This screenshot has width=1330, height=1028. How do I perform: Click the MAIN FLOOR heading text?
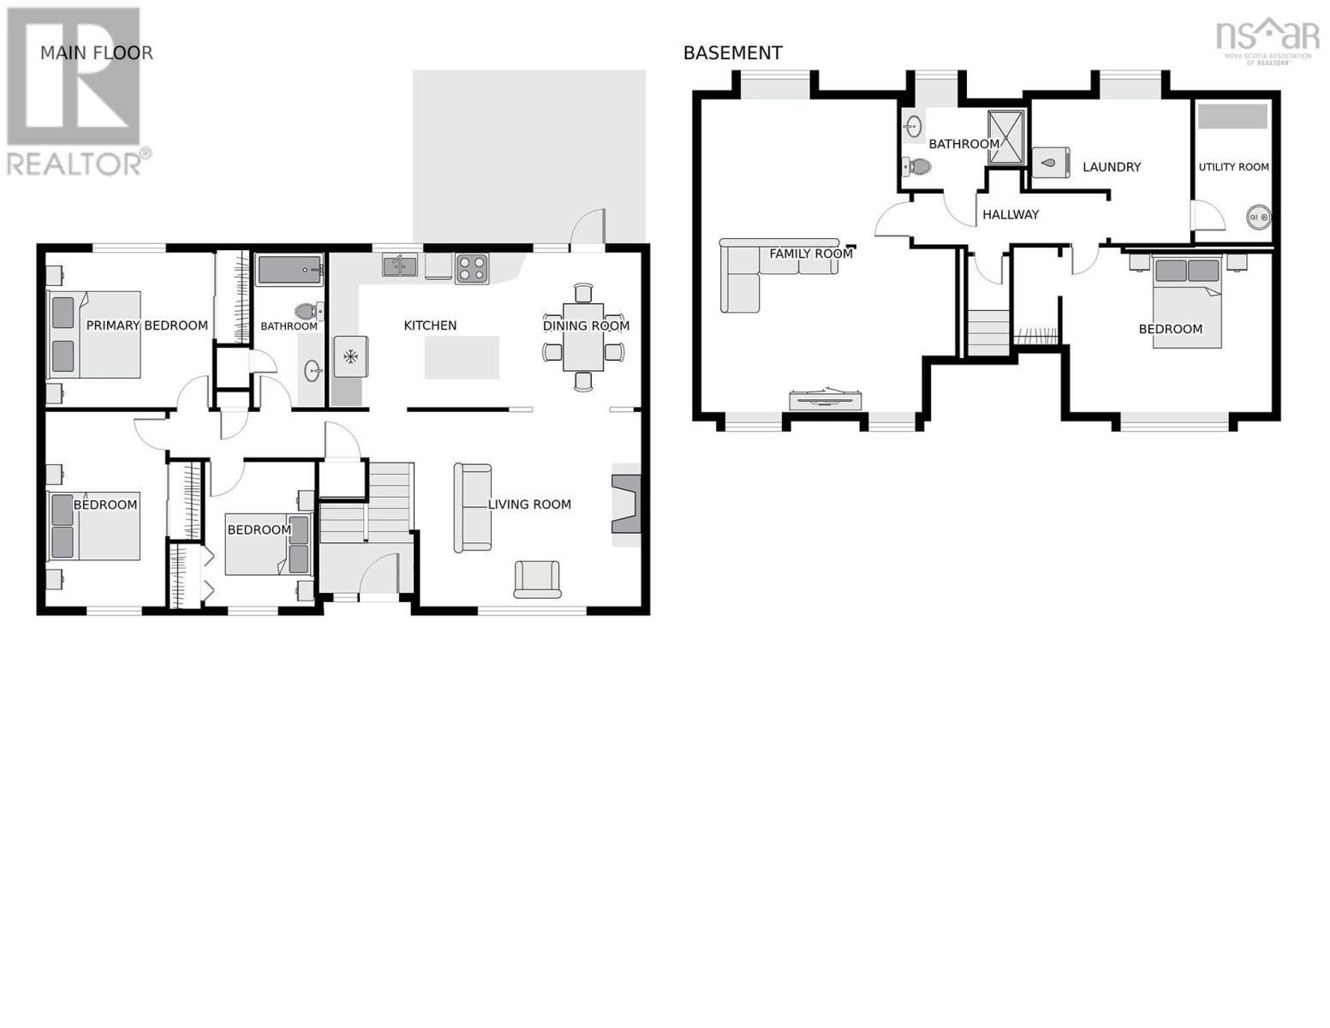tap(96, 53)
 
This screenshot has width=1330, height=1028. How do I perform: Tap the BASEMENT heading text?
tap(732, 53)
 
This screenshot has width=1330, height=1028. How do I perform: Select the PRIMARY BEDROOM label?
tap(146, 326)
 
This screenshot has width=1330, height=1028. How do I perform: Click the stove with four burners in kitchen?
tap(471, 268)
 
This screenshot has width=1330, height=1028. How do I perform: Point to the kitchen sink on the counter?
tap(400, 266)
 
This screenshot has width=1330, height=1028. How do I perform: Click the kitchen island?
tap(462, 357)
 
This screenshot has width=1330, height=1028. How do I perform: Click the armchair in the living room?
tap(537, 579)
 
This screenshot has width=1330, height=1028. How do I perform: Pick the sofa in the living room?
tap(472, 507)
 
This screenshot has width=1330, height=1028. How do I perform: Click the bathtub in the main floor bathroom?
tap(289, 270)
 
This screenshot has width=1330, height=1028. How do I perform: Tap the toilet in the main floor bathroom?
tap(307, 311)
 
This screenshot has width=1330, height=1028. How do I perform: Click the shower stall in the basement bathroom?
tap(1006, 137)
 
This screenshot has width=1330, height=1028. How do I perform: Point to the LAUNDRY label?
tap(1112, 167)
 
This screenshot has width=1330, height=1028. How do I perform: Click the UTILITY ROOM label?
tap(1233, 167)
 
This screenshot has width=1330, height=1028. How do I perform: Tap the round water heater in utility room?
tap(1258, 218)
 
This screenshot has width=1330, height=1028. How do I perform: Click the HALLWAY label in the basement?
tap(1011, 215)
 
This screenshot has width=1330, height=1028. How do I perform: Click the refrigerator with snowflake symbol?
tap(350, 356)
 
